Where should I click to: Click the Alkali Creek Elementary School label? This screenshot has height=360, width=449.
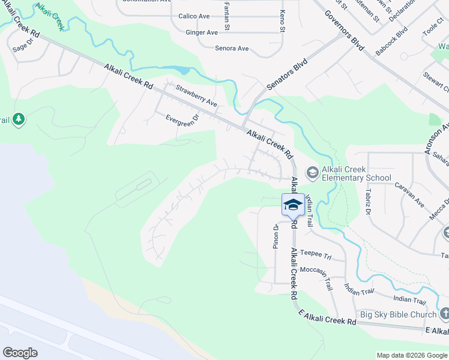coord(356,173)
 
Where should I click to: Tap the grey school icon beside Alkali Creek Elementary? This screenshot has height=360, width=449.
coord(312,173)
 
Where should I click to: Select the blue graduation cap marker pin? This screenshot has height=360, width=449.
coord(292,205)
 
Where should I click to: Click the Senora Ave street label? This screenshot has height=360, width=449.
coord(232,48)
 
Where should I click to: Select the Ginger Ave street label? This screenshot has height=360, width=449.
coord(202,32)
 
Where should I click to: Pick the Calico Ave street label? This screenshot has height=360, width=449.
coord(193,16)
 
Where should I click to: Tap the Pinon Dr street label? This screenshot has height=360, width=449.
coord(277,236)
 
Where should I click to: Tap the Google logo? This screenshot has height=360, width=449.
coord(20,353)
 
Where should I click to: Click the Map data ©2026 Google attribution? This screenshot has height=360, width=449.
coord(411,355)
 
